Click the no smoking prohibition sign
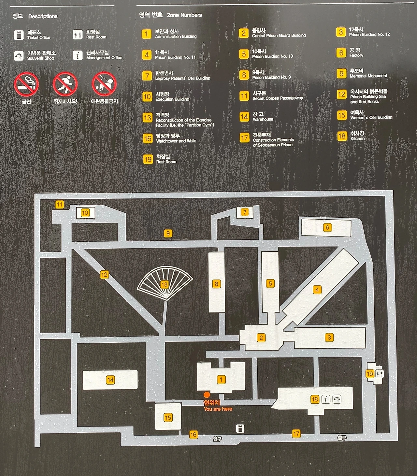[x=26, y=84]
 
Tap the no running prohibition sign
[x=65, y=84]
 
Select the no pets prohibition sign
[x=104, y=84]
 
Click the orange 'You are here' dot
[x=207, y=395]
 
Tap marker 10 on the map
[x=85, y=213]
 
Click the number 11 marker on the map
[x=59, y=205]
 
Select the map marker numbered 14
[x=110, y=380]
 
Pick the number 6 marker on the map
[x=327, y=227]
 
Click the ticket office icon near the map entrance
[x=240, y=428]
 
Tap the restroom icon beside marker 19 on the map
[x=379, y=374]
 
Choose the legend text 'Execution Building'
[x=172, y=99]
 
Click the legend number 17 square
[x=244, y=138]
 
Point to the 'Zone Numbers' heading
[x=184, y=15]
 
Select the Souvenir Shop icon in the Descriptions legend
[x=19, y=56]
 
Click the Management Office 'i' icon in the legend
[x=78, y=55]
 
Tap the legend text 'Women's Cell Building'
[x=371, y=117]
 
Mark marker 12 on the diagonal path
[x=104, y=275]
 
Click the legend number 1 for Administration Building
[x=147, y=34]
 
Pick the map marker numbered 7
[x=245, y=212]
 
